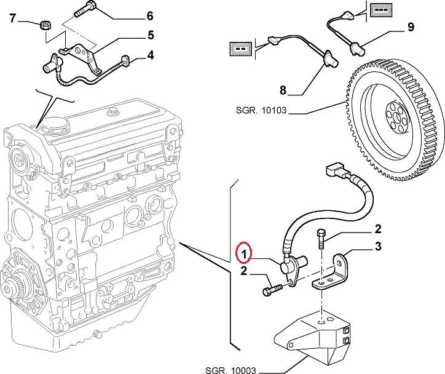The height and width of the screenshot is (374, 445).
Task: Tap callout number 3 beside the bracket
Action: [378, 247]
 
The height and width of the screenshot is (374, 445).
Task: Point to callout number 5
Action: [150, 34]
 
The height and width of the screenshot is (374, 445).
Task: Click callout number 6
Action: [149, 15]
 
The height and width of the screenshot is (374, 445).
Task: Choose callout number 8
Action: [283, 90]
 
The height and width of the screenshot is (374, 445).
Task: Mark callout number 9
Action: [410, 27]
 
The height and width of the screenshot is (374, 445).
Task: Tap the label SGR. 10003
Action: [231, 370]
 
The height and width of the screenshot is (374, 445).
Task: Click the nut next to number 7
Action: [44, 26]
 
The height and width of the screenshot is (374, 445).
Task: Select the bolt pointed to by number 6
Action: [85, 10]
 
